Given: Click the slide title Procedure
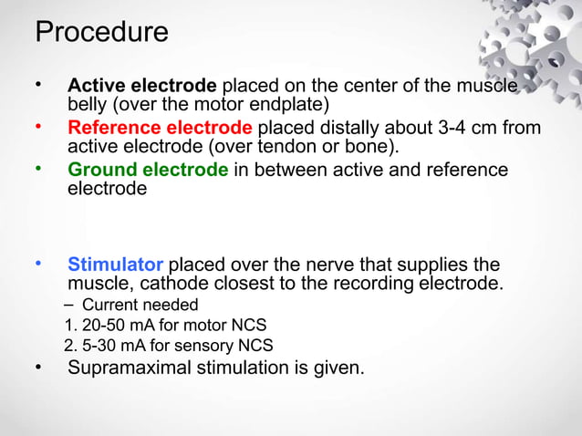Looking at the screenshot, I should pyautogui.click(x=101, y=33).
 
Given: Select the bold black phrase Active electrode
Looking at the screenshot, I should pyautogui.click(x=141, y=87).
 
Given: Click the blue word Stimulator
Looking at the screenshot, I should pyautogui.click(x=115, y=265).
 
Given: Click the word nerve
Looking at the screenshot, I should pyautogui.click(x=312, y=265).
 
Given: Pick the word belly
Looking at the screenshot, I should pyautogui.click(x=88, y=105).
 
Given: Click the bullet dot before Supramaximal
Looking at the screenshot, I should pyautogui.click(x=38, y=368).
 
